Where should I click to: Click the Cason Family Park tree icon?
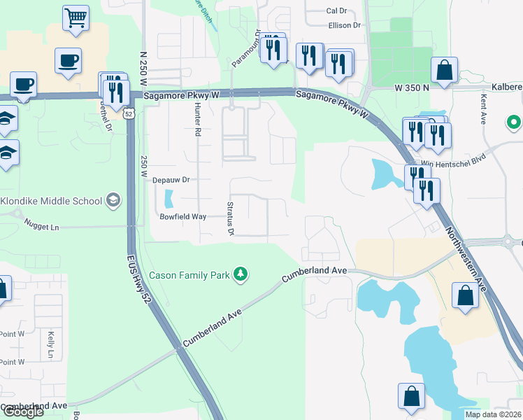pyautogui.click(x=241, y=274)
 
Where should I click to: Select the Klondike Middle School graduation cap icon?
pyautogui.click(x=112, y=202)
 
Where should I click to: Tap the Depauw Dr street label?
pyautogui.click(x=171, y=180)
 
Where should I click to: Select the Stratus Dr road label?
pyautogui.click(x=231, y=218)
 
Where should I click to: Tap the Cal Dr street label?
pyautogui.click(x=336, y=11)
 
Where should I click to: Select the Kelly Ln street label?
pyautogui.click(x=50, y=345)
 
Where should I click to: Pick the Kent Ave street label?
pyautogui.click(x=483, y=109)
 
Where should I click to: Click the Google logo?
pyautogui.click(x=22, y=412)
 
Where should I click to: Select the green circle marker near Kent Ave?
pyautogui.click(x=515, y=122)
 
